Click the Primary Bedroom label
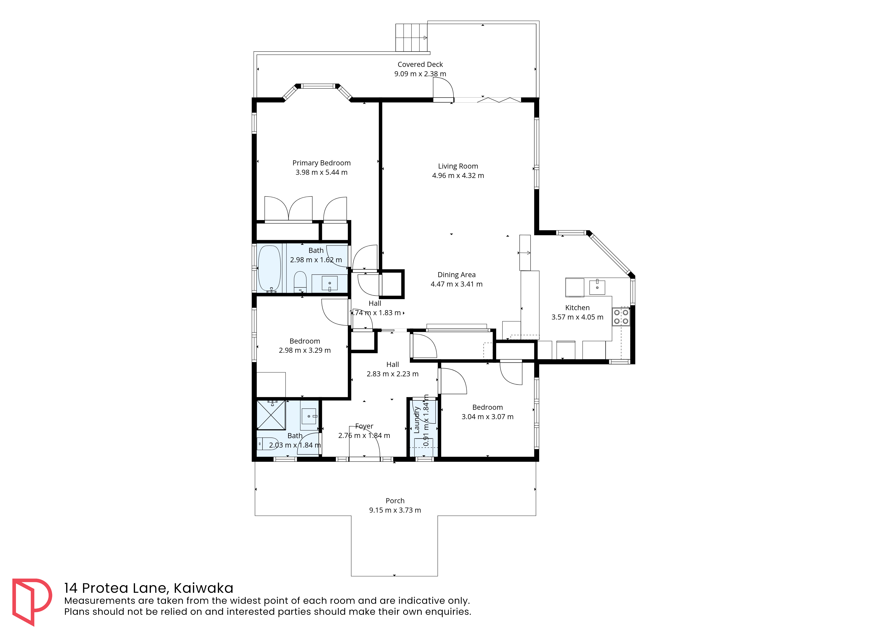pos(321,163)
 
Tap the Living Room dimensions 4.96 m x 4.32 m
pos(458,176)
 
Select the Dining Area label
pos(456,275)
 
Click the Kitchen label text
pos(577,308)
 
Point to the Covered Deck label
pos(420,64)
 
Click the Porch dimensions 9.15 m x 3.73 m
pos(395,510)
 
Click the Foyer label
pos(364,426)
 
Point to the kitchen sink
pos(597,287)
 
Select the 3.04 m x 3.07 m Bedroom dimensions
pos(488,417)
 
